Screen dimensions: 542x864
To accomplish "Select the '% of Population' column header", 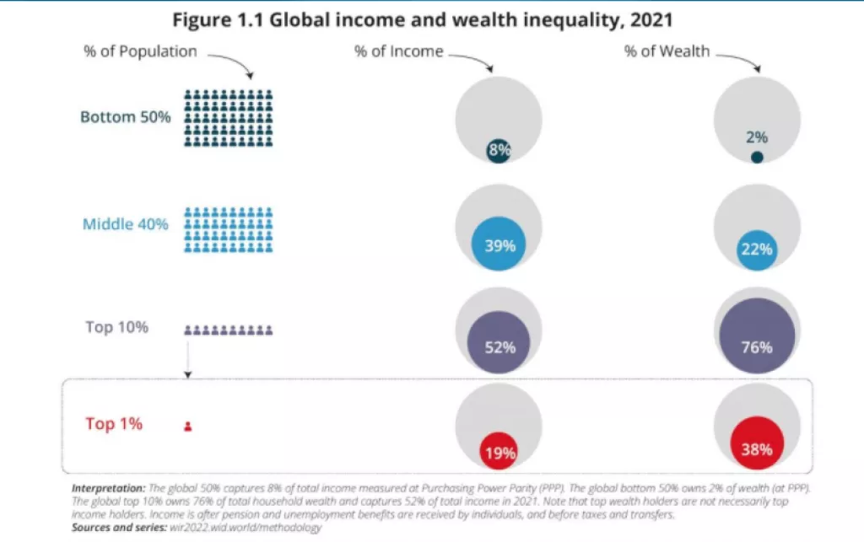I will tap(140, 51).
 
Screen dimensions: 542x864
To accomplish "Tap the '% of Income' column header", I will tap(398, 51).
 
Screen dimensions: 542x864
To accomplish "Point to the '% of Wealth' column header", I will tap(667, 51).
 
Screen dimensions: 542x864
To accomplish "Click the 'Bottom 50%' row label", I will tap(125, 117).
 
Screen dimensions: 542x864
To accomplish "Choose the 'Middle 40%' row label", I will tap(126, 224).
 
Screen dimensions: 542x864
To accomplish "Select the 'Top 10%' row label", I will tap(117, 326).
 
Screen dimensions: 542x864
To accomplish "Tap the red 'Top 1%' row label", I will tap(114, 424).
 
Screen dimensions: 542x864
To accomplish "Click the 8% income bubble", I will tap(499, 151).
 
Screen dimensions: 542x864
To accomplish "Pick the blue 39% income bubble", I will tap(499, 245).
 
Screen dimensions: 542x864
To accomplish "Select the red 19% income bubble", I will tap(499, 451).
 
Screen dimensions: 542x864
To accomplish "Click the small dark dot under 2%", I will tap(757, 157).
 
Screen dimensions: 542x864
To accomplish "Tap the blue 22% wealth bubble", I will tap(757, 250).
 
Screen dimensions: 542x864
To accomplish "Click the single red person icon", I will tap(187, 427).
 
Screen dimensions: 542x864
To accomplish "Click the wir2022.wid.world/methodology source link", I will tap(247, 527).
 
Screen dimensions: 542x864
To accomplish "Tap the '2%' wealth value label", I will tap(756, 137).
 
